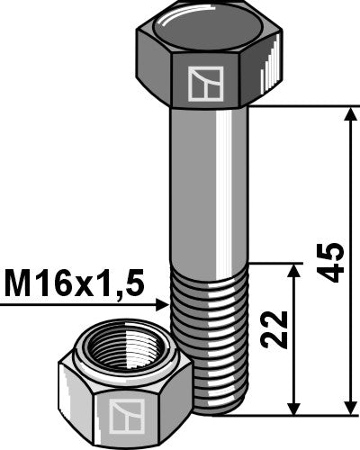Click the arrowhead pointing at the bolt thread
[162, 305]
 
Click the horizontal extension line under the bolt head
[306, 106]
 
